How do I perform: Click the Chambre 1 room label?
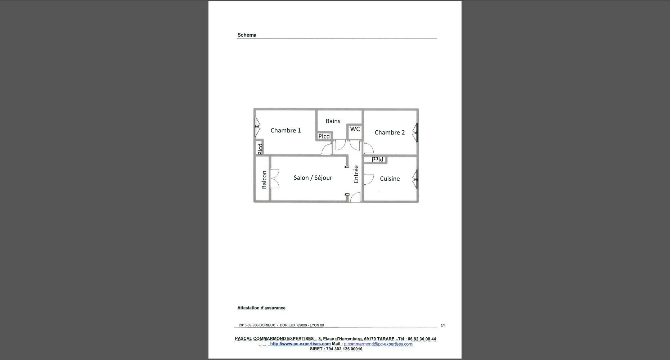coord(285,130)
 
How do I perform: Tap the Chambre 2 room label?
coord(390,132)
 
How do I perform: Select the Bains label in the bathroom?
coord(333,121)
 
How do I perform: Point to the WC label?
coord(355,129)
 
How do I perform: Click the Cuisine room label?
coord(390,179)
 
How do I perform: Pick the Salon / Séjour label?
coord(313,178)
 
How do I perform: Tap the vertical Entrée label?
coord(356,174)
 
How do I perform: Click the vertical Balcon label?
coord(264,180)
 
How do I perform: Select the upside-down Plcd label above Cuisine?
coord(378,159)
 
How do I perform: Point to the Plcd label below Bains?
coord(324,136)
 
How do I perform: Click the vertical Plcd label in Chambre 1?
coord(260,149)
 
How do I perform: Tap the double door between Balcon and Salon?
coord(275,179)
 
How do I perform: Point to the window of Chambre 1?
coord(257,127)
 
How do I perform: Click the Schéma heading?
coord(247,35)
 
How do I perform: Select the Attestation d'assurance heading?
coord(261,308)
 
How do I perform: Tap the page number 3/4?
coord(443,326)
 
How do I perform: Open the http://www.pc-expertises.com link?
coord(300,344)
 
